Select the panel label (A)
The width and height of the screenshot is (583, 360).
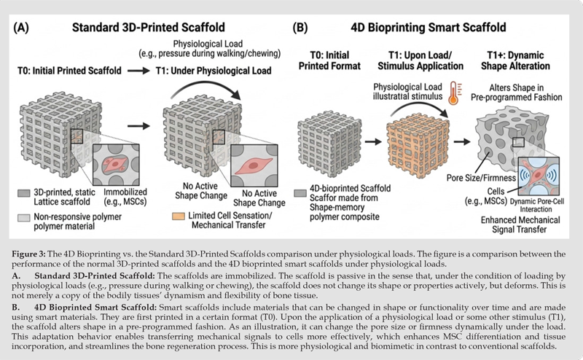tap(21, 28)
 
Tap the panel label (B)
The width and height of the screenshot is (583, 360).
tap(300, 28)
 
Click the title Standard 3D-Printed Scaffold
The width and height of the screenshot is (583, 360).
tap(149, 28)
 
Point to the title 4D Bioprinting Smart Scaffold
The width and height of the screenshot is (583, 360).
tap(429, 28)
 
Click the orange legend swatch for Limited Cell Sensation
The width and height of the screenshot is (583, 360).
tap(179, 216)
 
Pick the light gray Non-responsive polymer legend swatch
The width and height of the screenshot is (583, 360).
tap(24, 218)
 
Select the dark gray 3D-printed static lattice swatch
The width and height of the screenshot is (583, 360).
tap(24, 193)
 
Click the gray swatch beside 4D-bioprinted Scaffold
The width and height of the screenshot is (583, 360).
tap(300, 193)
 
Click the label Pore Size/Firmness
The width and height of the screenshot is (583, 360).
tap(481, 178)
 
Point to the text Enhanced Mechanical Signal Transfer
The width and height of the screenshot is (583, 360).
tap(520, 224)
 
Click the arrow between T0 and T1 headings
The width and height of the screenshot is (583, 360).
tap(138, 71)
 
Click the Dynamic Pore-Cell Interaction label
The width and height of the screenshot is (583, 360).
tap(536, 206)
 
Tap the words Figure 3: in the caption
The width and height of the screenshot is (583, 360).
tap(28, 254)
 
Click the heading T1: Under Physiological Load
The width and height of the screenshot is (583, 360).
tap(214, 71)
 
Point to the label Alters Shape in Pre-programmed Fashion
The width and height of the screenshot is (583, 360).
tap(517, 93)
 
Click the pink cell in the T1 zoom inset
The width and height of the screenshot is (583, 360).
tap(254, 165)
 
